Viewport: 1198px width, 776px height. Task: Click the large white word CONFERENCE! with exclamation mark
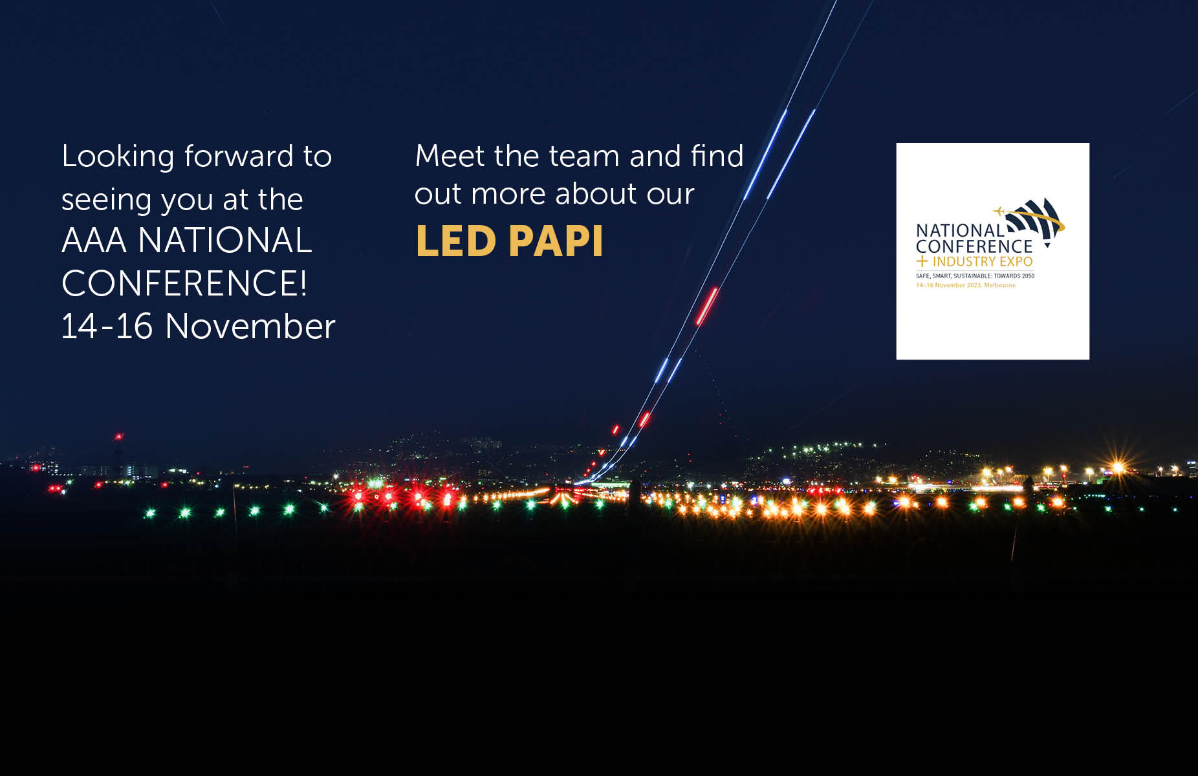[184, 283]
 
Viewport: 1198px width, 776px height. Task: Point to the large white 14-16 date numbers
[107, 326]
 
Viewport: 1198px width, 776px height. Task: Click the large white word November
[250, 326]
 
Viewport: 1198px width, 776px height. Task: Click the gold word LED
[455, 241]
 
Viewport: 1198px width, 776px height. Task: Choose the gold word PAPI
[556, 241]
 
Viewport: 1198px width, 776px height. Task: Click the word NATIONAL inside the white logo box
[959, 230]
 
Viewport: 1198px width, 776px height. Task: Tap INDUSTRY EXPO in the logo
[982, 262]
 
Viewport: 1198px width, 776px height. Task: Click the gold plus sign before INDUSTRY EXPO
[922, 262]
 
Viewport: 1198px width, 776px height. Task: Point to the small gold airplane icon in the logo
[999, 211]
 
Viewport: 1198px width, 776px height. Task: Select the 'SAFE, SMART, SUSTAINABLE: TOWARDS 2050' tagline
[975, 276]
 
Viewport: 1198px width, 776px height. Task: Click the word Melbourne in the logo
[1000, 285]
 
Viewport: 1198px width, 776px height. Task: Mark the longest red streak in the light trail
[706, 306]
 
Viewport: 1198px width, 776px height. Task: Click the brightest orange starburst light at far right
[1117, 467]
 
